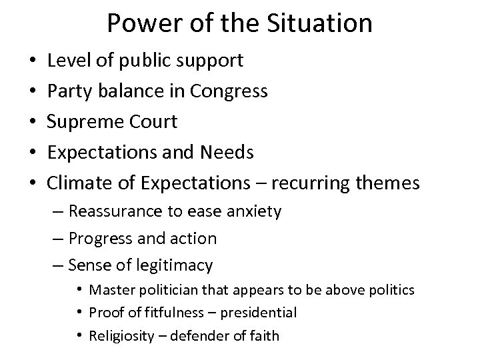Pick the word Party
[69, 91]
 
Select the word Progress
[98, 238]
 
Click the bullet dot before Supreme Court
[32, 123]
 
